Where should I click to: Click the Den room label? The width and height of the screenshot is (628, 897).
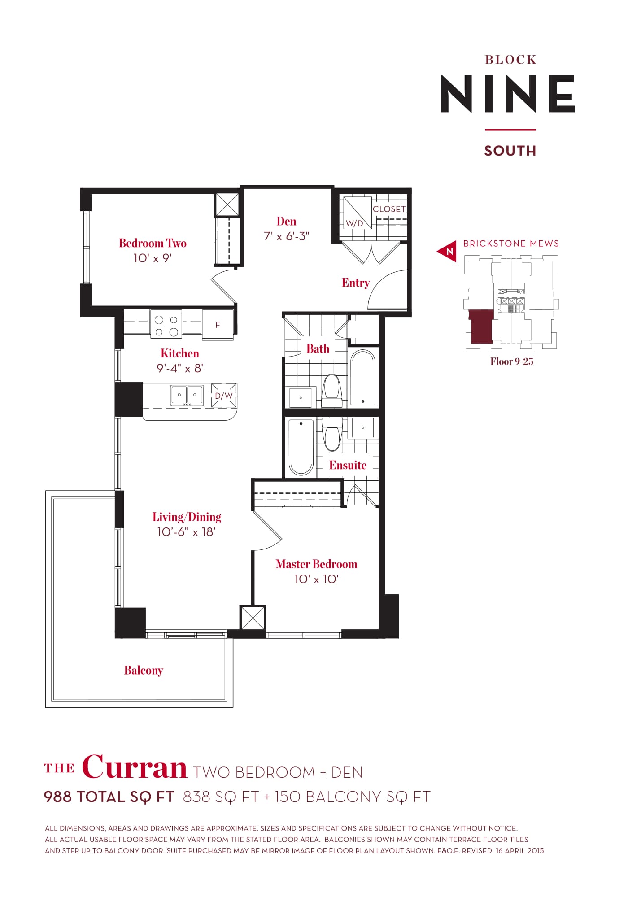(x=286, y=222)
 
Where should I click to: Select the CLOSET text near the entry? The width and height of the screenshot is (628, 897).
(x=389, y=209)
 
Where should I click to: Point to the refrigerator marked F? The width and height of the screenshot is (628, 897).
(x=218, y=325)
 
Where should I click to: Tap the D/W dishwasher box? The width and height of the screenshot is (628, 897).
(x=224, y=396)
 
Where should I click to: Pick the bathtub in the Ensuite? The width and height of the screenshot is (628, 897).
(x=301, y=447)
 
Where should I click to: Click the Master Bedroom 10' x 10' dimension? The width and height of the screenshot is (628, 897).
(x=316, y=579)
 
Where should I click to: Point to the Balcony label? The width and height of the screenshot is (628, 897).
(x=144, y=671)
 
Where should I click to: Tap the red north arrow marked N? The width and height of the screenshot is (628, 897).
(x=448, y=251)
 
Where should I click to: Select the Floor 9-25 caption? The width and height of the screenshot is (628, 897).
(x=511, y=362)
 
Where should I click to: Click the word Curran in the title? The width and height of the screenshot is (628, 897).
(x=135, y=768)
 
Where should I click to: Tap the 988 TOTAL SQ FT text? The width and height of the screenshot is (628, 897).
(x=109, y=797)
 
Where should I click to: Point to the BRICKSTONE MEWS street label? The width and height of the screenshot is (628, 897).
(x=511, y=244)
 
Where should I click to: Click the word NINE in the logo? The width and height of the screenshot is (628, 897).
(x=508, y=94)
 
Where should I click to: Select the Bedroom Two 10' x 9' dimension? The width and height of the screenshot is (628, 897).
(x=153, y=258)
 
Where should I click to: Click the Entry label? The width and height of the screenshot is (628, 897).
(x=356, y=283)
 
